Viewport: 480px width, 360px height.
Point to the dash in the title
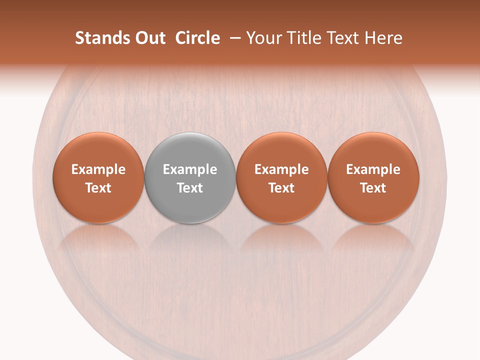(233, 38)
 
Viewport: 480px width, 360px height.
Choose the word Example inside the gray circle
(190, 169)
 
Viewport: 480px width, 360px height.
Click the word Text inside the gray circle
(190, 188)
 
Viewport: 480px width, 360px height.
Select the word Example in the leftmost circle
(98, 169)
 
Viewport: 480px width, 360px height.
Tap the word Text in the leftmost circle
(98, 188)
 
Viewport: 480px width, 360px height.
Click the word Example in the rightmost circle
(373, 169)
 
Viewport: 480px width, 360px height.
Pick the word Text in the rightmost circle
(373, 188)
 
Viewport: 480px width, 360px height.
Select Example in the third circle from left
(281, 169)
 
